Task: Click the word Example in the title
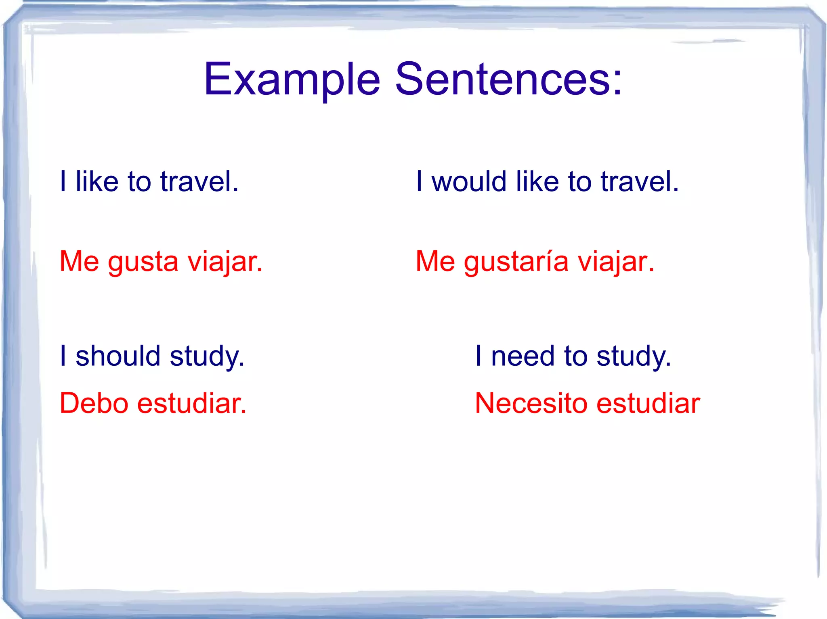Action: tap(292, 80)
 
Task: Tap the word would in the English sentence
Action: tap(469, 181)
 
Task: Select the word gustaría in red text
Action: tap(516, 262)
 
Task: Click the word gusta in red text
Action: tap(143, 262)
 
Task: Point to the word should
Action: tap(118, 356)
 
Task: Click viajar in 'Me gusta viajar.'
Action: tap(225, 262)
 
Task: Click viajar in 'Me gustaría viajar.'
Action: tap(615, 262)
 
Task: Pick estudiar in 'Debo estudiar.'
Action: tap(191, 403)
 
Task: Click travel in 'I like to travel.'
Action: tap(199, 181)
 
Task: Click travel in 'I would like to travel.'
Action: tap(639, 181)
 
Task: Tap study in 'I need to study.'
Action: tap(633, 357)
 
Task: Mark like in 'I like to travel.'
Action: tap(97, 181)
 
